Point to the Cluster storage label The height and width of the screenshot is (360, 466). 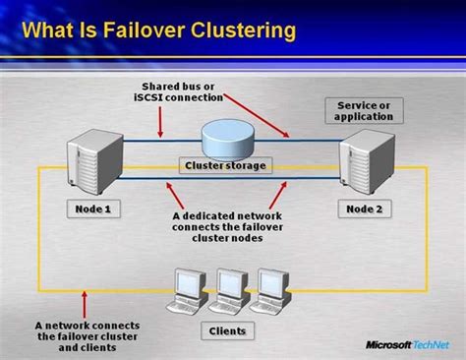pos(226,165)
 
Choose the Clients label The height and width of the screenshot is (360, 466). pos(227,330)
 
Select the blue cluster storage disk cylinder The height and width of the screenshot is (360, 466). pos(226,135)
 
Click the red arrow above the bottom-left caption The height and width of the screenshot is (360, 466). pos(86,301)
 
